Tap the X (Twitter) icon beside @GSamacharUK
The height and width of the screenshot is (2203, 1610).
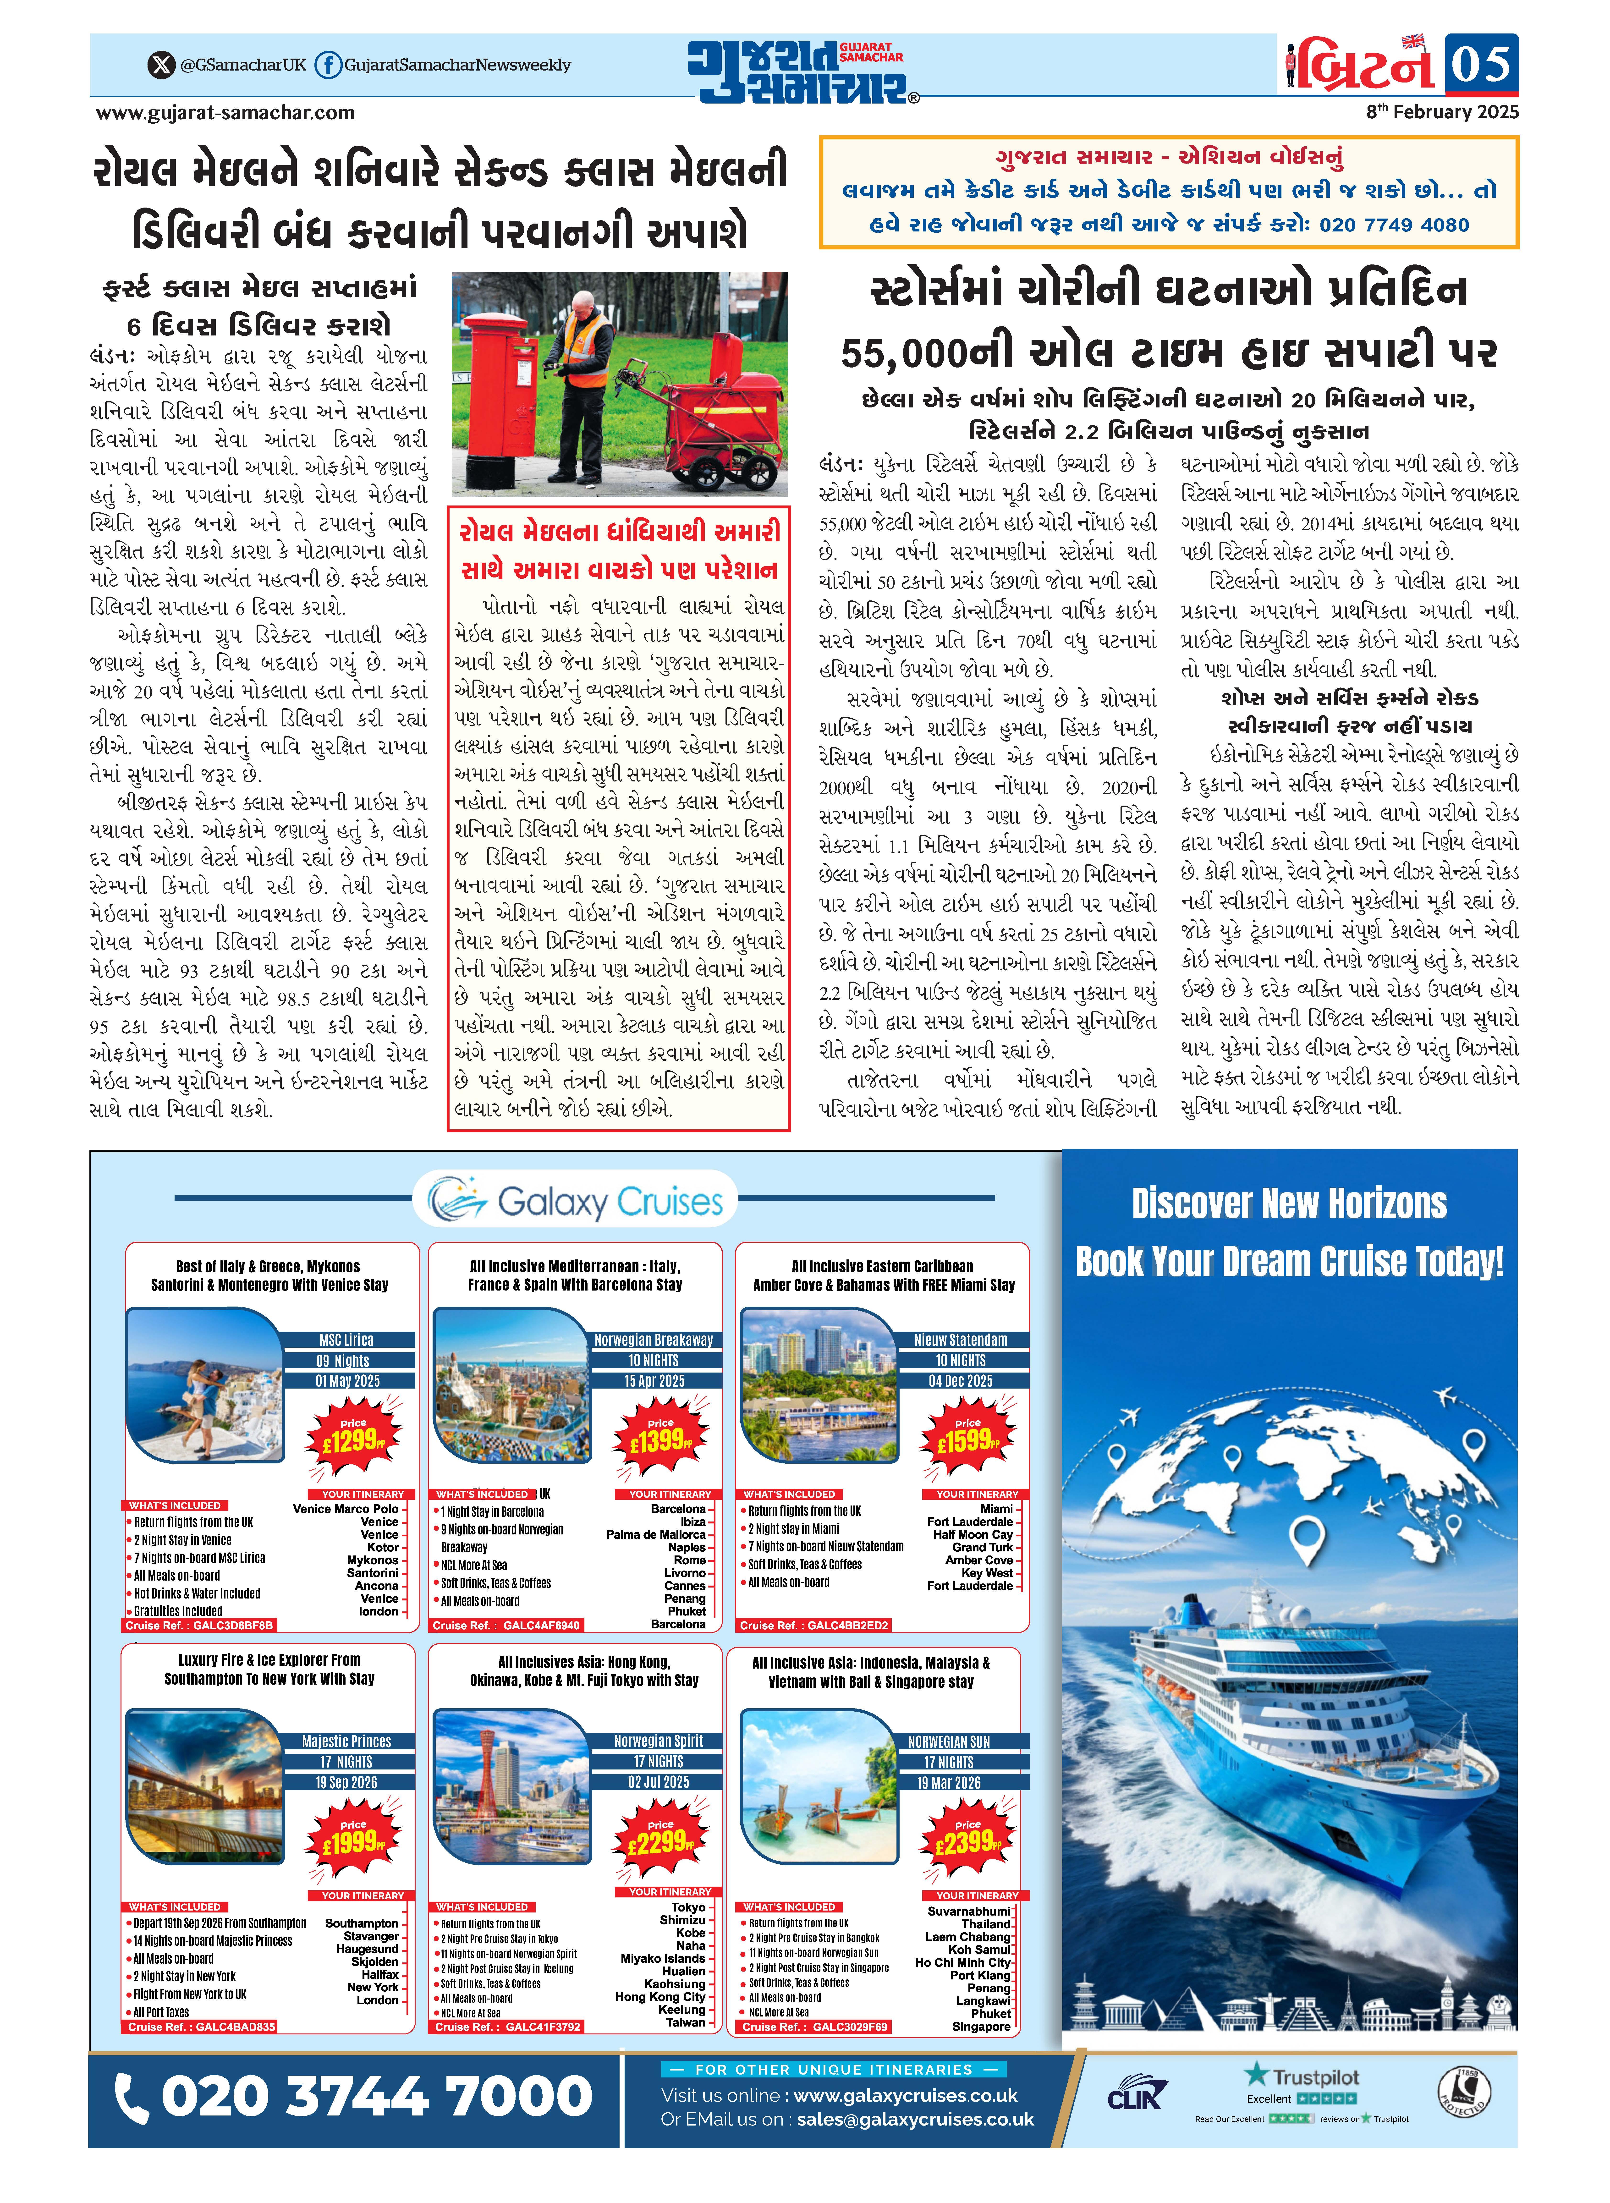click(x=160, y=65)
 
